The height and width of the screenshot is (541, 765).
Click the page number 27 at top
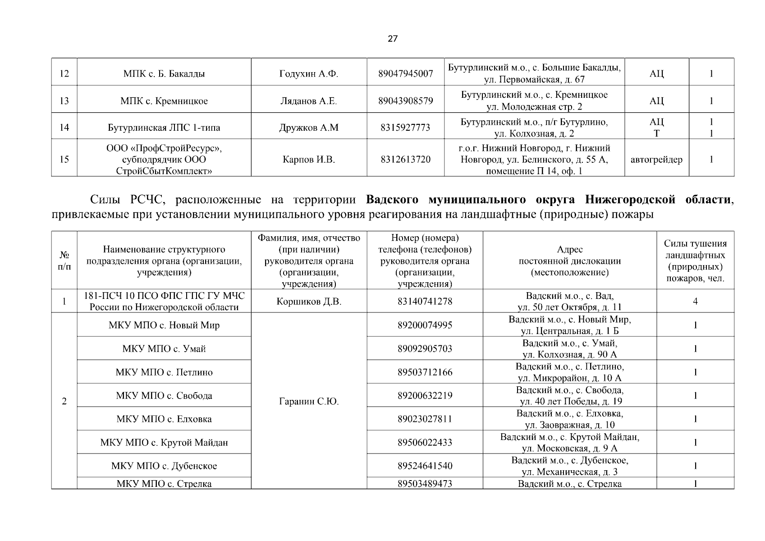pyautogui.click(x=393, y=39)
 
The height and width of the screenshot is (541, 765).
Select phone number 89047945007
pyautogui.click(x=406, y=73)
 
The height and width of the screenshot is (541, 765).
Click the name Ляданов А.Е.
pyautogui.click(x=309, y=101)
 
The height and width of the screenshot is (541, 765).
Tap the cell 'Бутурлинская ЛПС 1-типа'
pyautogui.click(x=164, y=128)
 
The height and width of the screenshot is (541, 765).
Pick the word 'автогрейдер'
pyautogui.click(x=656, y=160)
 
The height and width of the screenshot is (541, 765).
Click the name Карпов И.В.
pyautogui.click(x=309, y=160)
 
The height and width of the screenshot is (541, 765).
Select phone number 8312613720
pyautogui.click(x=405, y=160)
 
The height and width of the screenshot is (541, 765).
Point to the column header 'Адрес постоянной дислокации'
pyautogui.click(x=570, y=261)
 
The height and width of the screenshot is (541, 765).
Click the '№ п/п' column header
pyautogui.click(x=64, y=261)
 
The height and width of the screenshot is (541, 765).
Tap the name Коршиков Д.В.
pyautogui.click(x=309, y=302)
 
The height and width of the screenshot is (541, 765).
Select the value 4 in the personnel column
pyautogui.click(x=695, y=301)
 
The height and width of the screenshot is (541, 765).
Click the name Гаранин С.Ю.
pyautogui.click(x=309, y=401)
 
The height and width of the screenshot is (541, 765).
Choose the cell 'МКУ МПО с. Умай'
pyautogui.click(x=164, y=349)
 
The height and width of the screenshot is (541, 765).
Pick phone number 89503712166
pyautogui.click(x=425, y=372)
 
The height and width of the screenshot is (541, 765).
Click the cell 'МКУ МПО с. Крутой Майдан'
pyautogui.click(x=164, y=443)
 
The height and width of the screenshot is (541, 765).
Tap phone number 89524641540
pyautogui.click(x=425, y=466)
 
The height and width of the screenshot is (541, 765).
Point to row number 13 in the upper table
pyautogui.click(x=64, y=101)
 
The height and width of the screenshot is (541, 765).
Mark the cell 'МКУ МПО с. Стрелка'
pyautogui.click(x=164, y=484)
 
